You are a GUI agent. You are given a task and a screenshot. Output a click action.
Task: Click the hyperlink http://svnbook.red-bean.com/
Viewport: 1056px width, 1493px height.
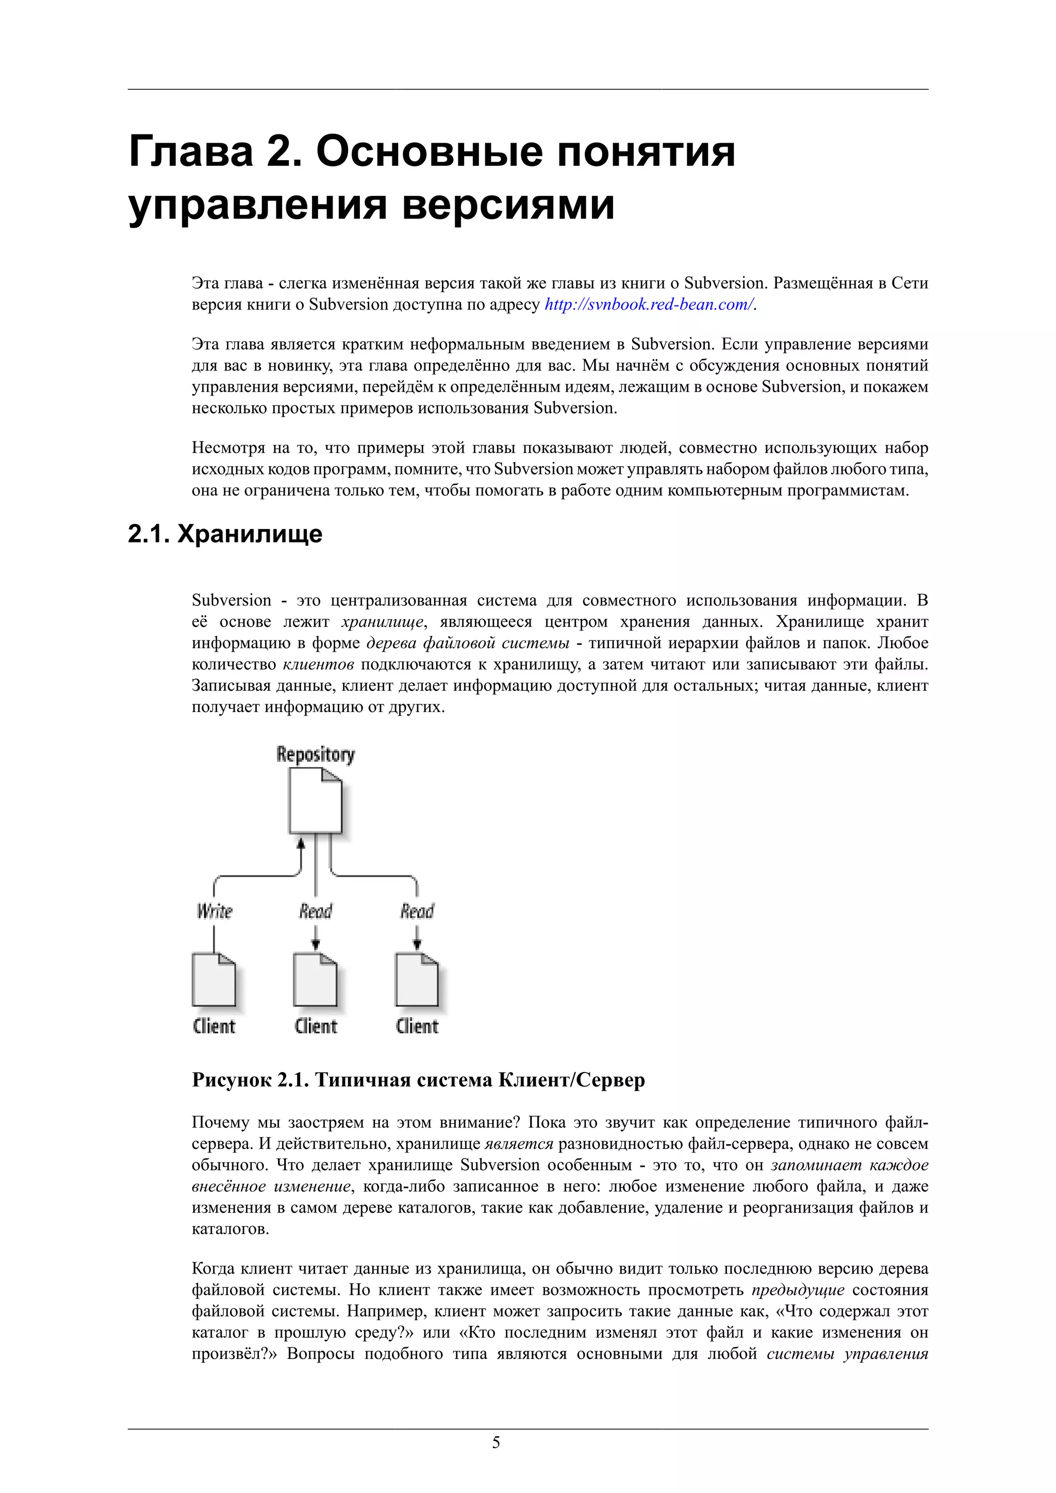pyautogui.click(x=649, y=304)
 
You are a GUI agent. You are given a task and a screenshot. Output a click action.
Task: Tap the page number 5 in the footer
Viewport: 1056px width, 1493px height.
pyautogui.click(x=496, y=1443)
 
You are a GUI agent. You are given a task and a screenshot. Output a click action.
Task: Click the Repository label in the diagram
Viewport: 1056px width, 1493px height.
pyautogui.click(x=316, y=754)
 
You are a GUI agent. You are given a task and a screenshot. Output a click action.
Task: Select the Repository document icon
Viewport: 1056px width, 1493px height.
pyautogui.click(x=316, y=801)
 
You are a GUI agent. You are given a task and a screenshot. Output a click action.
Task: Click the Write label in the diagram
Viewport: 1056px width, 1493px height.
pyautogui.click(x=214, y=911)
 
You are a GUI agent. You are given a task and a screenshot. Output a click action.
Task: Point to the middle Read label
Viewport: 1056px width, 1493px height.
pyautogui.click(x=316, y=911)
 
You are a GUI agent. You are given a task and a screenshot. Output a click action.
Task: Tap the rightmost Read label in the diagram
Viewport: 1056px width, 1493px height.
pyautogui.click(x=417, y=911)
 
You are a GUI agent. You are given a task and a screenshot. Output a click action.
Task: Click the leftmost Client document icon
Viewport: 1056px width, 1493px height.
pyautogui.click(x=214, y=980)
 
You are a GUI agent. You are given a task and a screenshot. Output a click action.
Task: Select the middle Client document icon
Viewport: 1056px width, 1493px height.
pyautogui.click(x=316, y=980)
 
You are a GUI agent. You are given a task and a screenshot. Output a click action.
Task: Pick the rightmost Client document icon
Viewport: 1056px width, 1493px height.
pyautogui.click(x=417, y=980)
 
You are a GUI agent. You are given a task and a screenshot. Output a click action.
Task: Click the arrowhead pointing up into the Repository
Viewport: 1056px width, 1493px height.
pyautogui.click(x=301, y=844)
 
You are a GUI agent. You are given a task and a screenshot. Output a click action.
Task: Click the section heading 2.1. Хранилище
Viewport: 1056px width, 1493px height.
pyautogui.click(x=225, y=534)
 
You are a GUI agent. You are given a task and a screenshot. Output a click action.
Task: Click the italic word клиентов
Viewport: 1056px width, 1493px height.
pyautogui.click(x=318, y=665)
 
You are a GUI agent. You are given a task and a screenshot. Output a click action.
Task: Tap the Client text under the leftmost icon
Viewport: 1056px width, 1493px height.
pyautogui.click(x=214, y=1027)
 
